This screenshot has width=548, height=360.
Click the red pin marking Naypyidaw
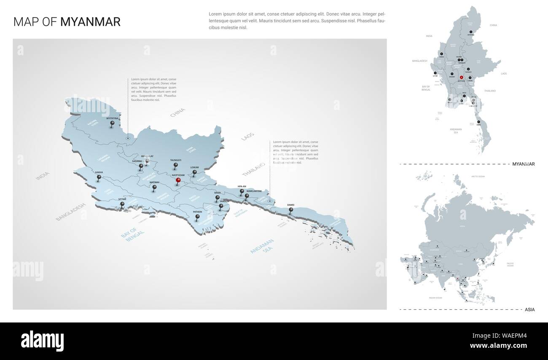pos(178,181)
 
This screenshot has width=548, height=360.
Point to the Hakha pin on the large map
pos(99,177)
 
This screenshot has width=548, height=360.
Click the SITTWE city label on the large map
pos(122,199)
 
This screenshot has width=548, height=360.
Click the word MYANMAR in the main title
pos(90,22)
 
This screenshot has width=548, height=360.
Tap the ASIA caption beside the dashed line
pos(529,309)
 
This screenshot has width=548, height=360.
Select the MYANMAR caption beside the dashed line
pos(523,164)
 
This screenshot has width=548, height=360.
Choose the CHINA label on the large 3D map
pos(177,113)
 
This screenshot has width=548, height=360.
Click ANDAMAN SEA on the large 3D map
pos(262,246)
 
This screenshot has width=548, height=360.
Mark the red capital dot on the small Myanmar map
pos(461,78)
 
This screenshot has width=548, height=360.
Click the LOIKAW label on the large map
pos(194,167)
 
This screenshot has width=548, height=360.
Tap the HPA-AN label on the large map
pos(242,186)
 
